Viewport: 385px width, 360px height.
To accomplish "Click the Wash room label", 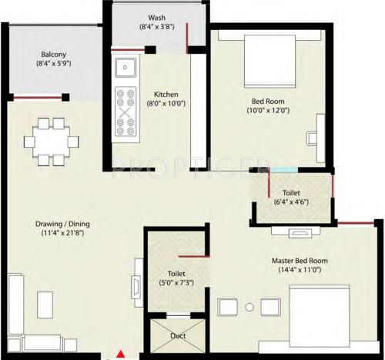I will coord(160,18).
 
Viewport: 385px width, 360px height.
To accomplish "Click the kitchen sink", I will coord(125,68).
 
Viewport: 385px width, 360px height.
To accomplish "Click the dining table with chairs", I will coord(50,141).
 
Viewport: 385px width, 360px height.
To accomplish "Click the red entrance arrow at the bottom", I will coord(120,354).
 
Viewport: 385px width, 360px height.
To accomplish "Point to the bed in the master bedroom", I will coord(323,315).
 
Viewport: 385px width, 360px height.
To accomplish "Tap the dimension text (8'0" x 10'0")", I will coord(166,102).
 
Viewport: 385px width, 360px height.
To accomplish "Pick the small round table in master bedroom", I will coord(249,307).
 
